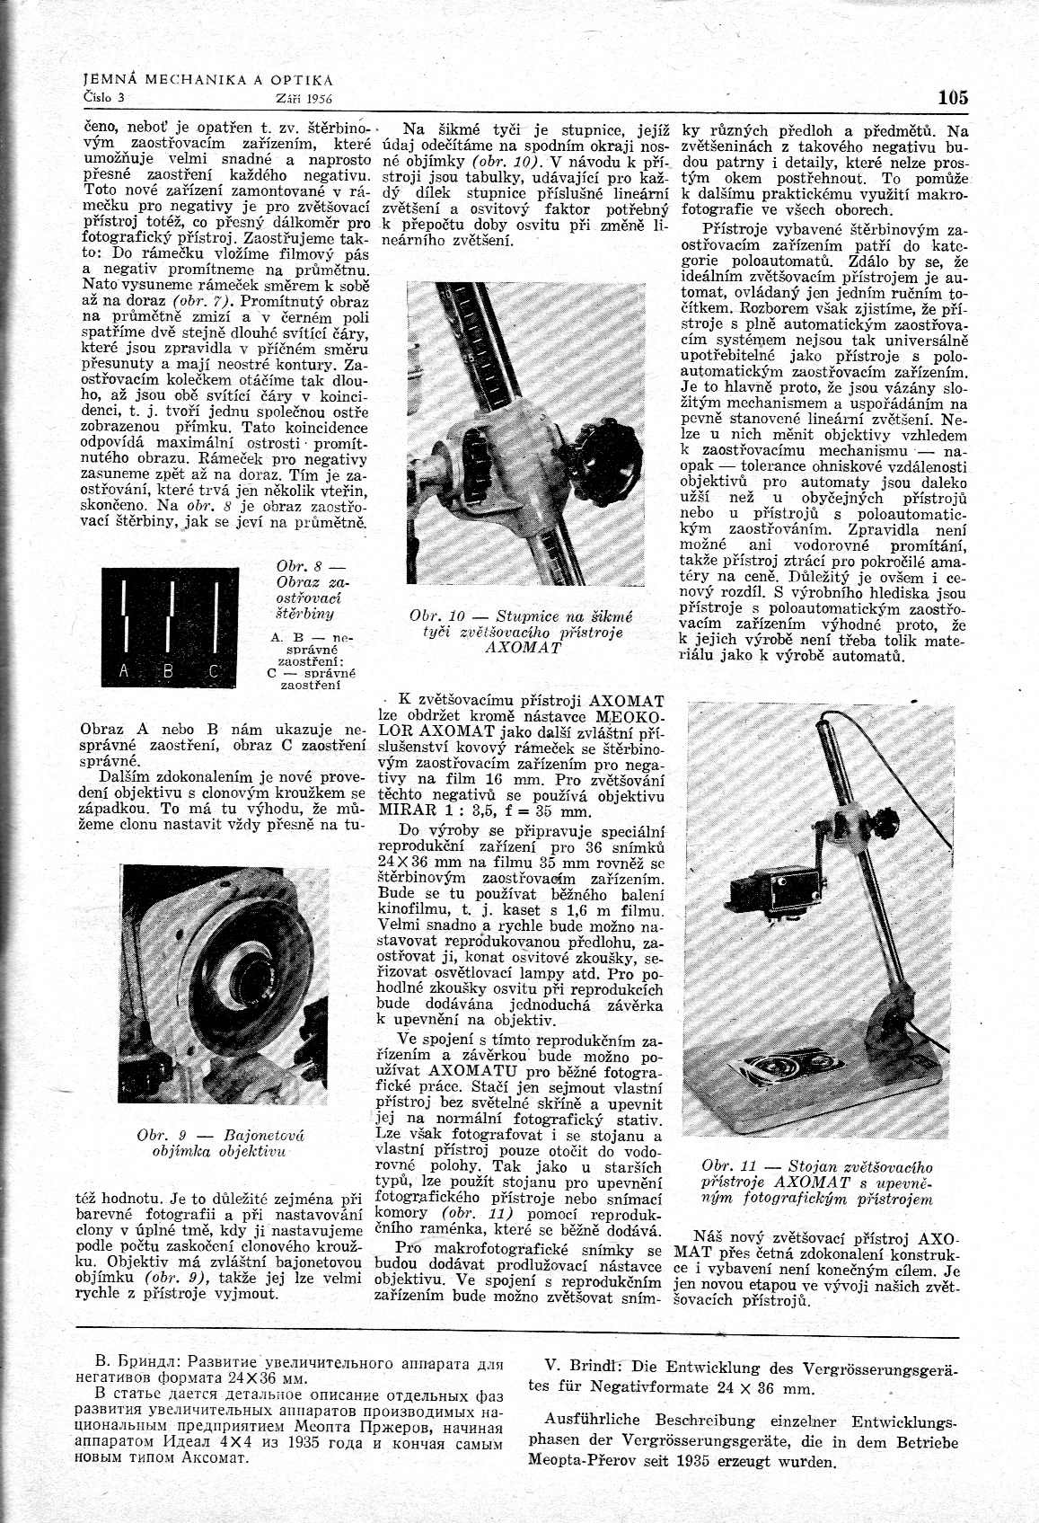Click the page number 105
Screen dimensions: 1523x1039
951,97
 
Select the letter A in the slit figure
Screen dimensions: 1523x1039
123,669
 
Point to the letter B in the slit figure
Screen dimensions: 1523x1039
168,670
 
